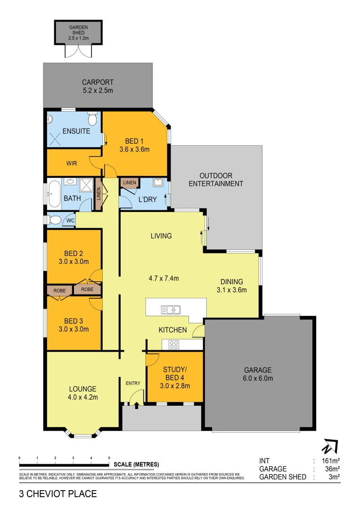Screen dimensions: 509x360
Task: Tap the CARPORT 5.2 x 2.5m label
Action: (x=98, y=86)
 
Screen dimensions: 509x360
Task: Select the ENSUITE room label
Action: (x=76, y=131)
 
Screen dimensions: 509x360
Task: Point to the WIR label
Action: (x=72, y=163)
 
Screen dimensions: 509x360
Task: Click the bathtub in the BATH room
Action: (x=53, y=193)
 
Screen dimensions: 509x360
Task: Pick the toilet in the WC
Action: (x=54, y=220)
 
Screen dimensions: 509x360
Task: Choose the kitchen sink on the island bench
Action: (x=170, y=310)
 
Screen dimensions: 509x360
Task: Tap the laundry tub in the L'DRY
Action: (x=158, y=183)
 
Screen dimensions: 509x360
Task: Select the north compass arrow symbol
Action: (x=330, y=446)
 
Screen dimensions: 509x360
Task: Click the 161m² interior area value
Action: (x=330, y=461)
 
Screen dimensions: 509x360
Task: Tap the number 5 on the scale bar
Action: (x=109, y=458)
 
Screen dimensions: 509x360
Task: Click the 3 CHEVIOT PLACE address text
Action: (x=58, y=494)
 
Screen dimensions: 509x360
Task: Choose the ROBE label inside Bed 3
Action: (x=59, y=290)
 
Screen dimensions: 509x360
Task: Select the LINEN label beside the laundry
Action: (x=129, y=182)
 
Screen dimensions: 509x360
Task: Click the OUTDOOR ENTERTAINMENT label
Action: (x=216, y=180)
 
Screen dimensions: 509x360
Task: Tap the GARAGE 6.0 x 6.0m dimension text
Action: (x=258, y=378)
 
